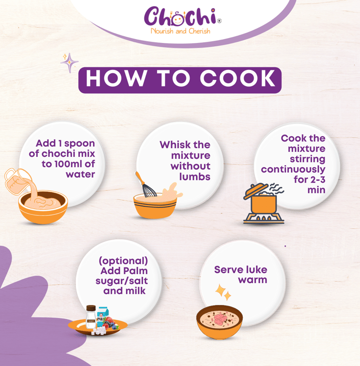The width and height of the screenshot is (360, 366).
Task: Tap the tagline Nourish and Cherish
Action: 180,31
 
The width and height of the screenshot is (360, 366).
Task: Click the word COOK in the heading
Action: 237,79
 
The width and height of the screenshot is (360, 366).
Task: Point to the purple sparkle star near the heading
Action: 69,63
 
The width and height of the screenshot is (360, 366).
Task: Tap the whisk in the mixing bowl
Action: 146,185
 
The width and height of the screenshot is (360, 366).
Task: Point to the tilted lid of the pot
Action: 256,191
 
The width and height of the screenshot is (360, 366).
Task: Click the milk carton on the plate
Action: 102,316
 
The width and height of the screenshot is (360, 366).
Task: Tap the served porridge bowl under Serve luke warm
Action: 219,322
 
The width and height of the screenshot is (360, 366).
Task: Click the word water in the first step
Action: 80,174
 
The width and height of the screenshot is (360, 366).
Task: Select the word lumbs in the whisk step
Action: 195,177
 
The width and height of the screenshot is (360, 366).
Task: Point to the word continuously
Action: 293,169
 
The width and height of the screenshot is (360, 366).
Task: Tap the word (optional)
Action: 123,261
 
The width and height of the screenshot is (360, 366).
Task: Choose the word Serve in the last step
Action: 227,269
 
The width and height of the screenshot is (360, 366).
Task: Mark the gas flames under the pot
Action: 263,219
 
